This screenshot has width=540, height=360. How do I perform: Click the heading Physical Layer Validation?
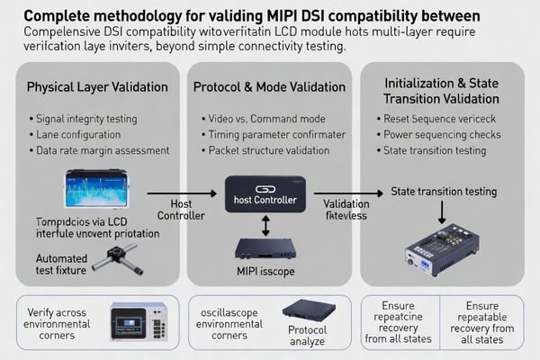click(x=96, y=87)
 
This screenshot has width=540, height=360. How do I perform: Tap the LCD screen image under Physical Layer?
click(x=95, y=190)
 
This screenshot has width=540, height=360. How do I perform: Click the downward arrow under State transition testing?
click(x=442, y=211)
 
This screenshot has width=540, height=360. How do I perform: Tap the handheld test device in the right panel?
click(x=441, y=247)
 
